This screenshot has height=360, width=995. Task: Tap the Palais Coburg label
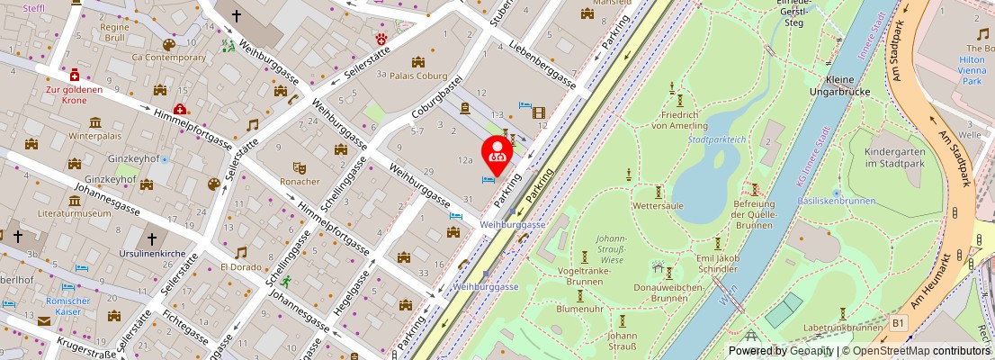tap(417, 77)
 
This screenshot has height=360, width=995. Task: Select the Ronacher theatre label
tap(300, 181)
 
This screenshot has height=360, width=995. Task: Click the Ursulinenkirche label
tap(152, 255)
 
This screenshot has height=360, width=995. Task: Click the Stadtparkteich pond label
tap(717, 139)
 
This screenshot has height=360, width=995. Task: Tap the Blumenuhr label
tap(580, 308)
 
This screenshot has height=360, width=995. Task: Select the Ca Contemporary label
tap(168, 57)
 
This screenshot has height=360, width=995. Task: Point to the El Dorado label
tap(240, 267)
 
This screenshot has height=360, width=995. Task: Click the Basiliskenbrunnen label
tap(836, 202)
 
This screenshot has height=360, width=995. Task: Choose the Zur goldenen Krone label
tap(75, 94)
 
